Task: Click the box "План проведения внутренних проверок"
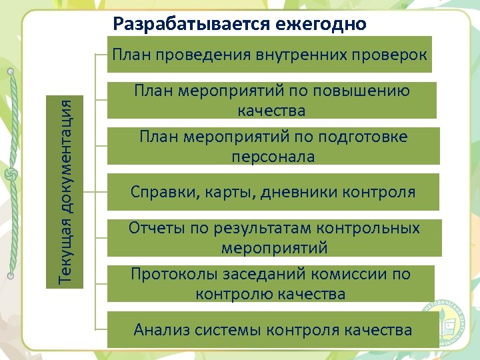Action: [269, 54]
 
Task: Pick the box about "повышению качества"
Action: [271, 100]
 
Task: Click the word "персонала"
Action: [273, 157]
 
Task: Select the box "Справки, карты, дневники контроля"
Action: [273, 192]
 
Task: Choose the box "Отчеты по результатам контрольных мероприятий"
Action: [274, 237]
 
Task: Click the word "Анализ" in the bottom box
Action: [161, 329]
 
